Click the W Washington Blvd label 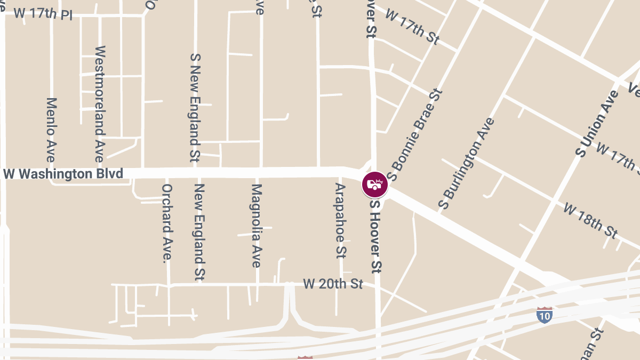click(x=63, y=174)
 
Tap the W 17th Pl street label click(x=43, y=13)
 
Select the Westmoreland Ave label click(x=100, y=104)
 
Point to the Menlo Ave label click(x=51, y=130)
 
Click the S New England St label click(x=195, y=107)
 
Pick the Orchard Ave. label click(x=167, y=223)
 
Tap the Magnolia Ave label click(x=257, y=226)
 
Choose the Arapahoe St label click(x=341, y=220)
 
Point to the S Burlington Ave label click(x=466, y=163)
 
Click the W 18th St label click(x=590, y=220)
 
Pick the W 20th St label click(x=333, y=284)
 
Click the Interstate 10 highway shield click(x=544, y=315)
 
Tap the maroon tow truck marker click(x=375, y=185)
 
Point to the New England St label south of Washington click(x=200, y=232)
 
